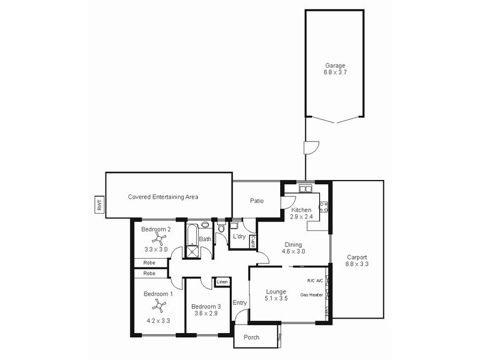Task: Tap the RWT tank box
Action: point(99,205)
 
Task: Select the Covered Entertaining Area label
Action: point(163,197)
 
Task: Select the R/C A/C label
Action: point(315,281)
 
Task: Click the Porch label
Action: point(252,337)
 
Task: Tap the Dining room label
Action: point(293,244)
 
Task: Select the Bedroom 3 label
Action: point(207,307)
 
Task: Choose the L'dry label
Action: point(239,237)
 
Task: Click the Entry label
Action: point(239,302)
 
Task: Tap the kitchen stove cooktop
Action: point(323,207)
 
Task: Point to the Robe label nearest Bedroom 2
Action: point(149,263)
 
